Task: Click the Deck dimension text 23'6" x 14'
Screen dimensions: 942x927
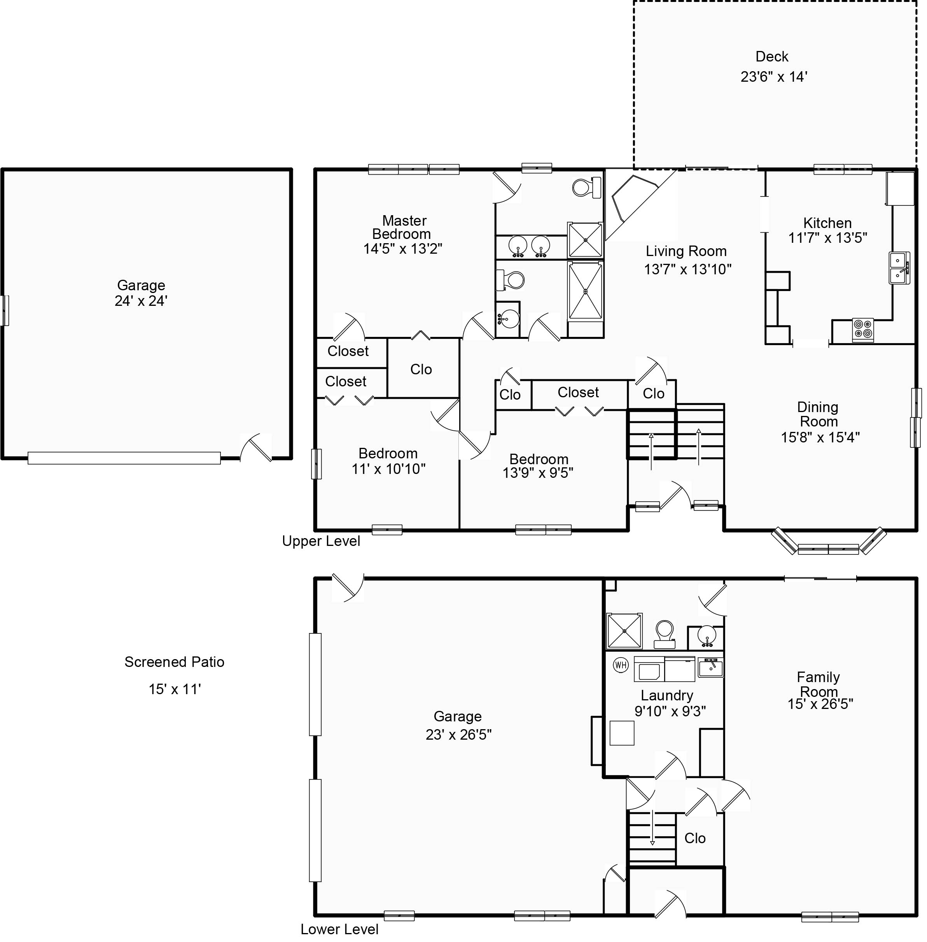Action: (x=774, y=77)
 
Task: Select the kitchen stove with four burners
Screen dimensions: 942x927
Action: (x=863, y=329)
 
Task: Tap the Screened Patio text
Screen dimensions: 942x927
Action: (x=174, y=662)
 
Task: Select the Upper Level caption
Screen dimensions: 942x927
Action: (x=321, y=541)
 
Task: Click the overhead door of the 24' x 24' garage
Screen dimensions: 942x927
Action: (x=124, y=458)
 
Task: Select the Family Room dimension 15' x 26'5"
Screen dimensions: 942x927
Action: (x=820, y=704)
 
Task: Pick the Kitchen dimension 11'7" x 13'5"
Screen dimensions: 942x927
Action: (x=828, y=238)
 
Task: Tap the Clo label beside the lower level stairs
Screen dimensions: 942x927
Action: (x=695, y=838)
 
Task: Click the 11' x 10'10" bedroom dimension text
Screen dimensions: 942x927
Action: (x=388, y=469)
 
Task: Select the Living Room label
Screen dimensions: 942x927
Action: (x=686, y=251)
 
